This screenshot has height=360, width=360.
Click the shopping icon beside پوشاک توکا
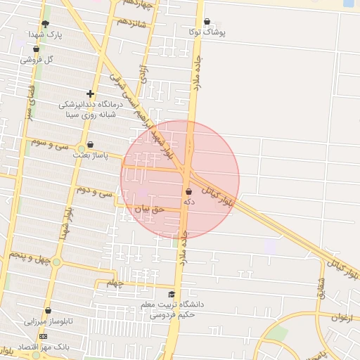point(206,21)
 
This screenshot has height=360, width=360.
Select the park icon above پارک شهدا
point(46,23)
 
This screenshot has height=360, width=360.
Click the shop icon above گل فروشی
point(36,49)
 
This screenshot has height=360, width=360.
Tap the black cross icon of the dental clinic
point(90,94)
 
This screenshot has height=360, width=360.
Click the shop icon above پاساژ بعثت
point(90,144)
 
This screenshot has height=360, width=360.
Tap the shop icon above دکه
point(188,191)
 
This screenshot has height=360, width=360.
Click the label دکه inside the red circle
point(188,202)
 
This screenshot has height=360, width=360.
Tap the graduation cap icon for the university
point(172,295)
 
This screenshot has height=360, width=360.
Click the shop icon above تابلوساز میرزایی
point(48,310)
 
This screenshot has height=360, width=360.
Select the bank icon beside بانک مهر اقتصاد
point(44,337)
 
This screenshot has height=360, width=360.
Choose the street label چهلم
point(114,283)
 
